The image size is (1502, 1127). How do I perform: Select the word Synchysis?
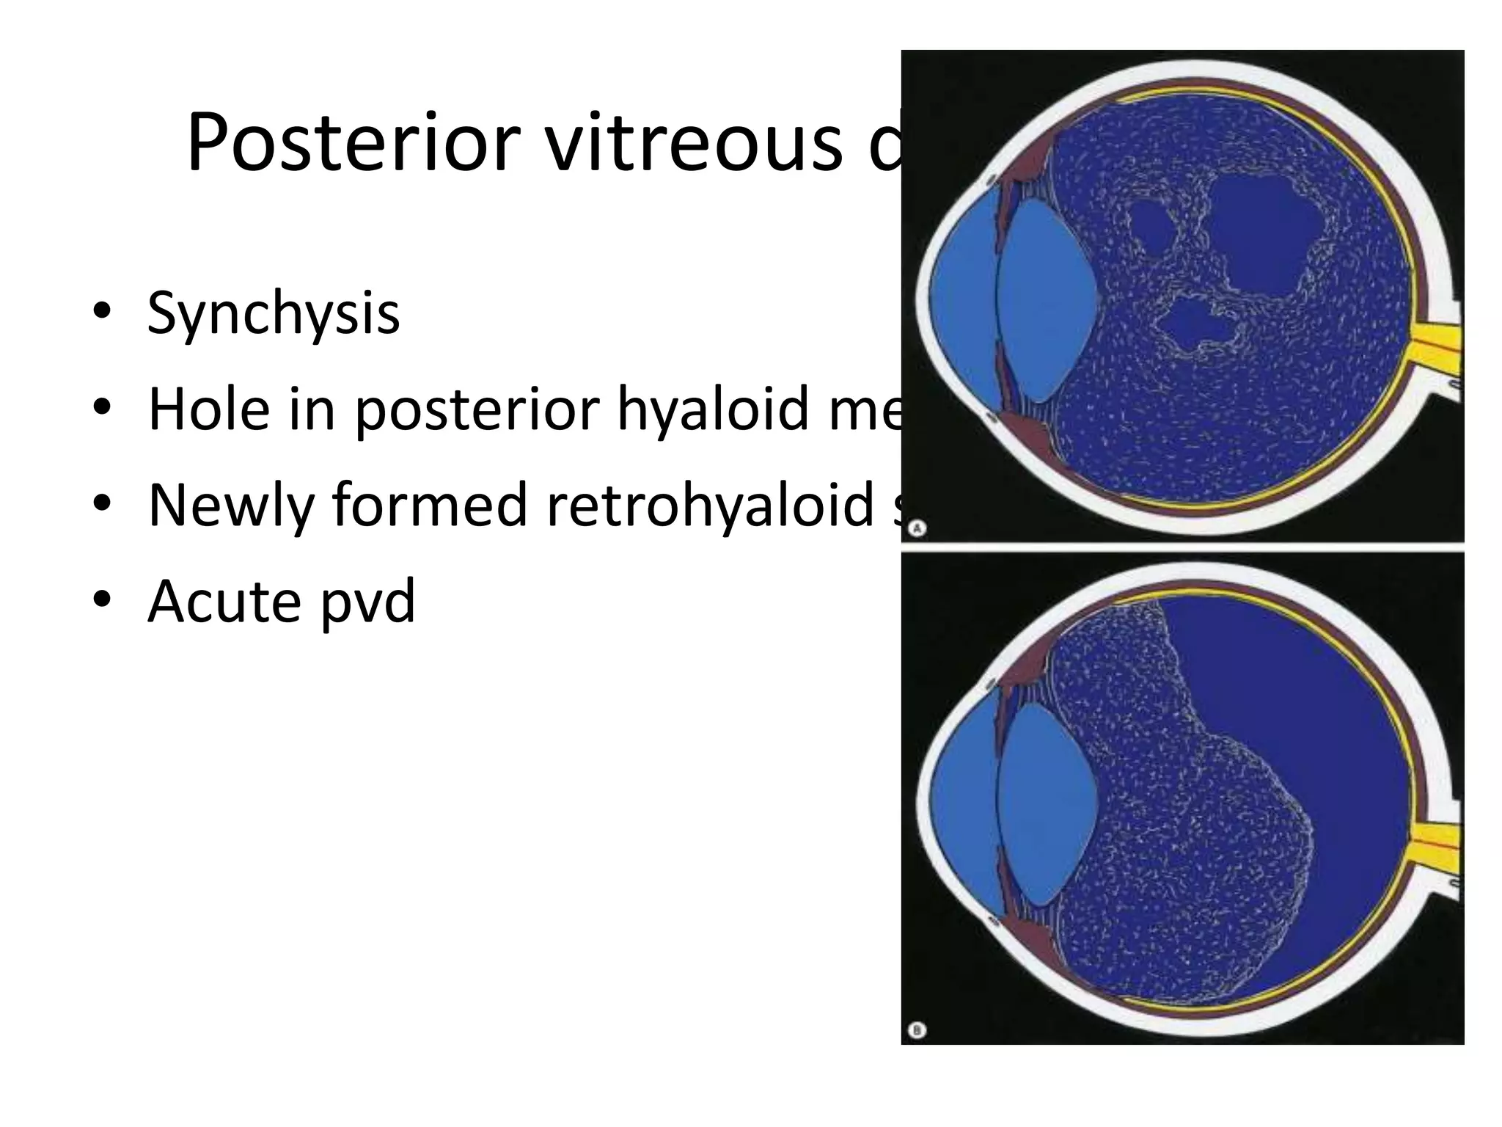pyautogui.click(x=273, y=313)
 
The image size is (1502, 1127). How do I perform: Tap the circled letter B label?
pyautogui.click(x=917, y=1030)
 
